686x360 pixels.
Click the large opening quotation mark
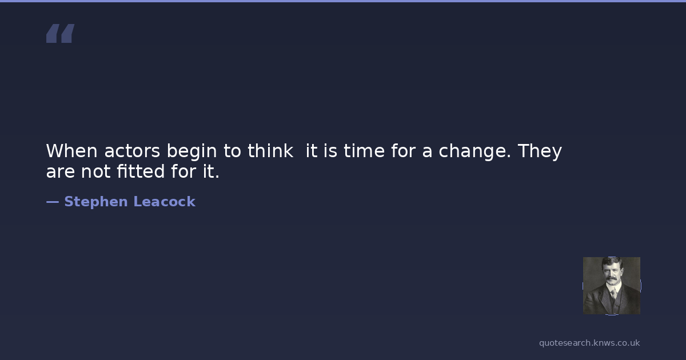point(61,33)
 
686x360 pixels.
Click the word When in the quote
point(71,151)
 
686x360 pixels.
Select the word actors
point(132,151)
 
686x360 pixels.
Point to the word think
point(270,150)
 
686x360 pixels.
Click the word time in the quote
point(364,151)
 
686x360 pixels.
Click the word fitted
point(141,171)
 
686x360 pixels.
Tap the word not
point(95,171)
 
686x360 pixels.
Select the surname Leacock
point(165,202)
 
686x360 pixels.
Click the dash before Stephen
point(53,202)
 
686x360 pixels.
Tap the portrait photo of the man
point(612,286)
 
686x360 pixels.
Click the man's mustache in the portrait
point(611,279)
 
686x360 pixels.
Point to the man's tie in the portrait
point(613,293)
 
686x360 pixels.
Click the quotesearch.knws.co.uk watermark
point(589,343)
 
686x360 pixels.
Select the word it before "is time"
point(311,151)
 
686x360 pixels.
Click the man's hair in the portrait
point(611,262)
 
